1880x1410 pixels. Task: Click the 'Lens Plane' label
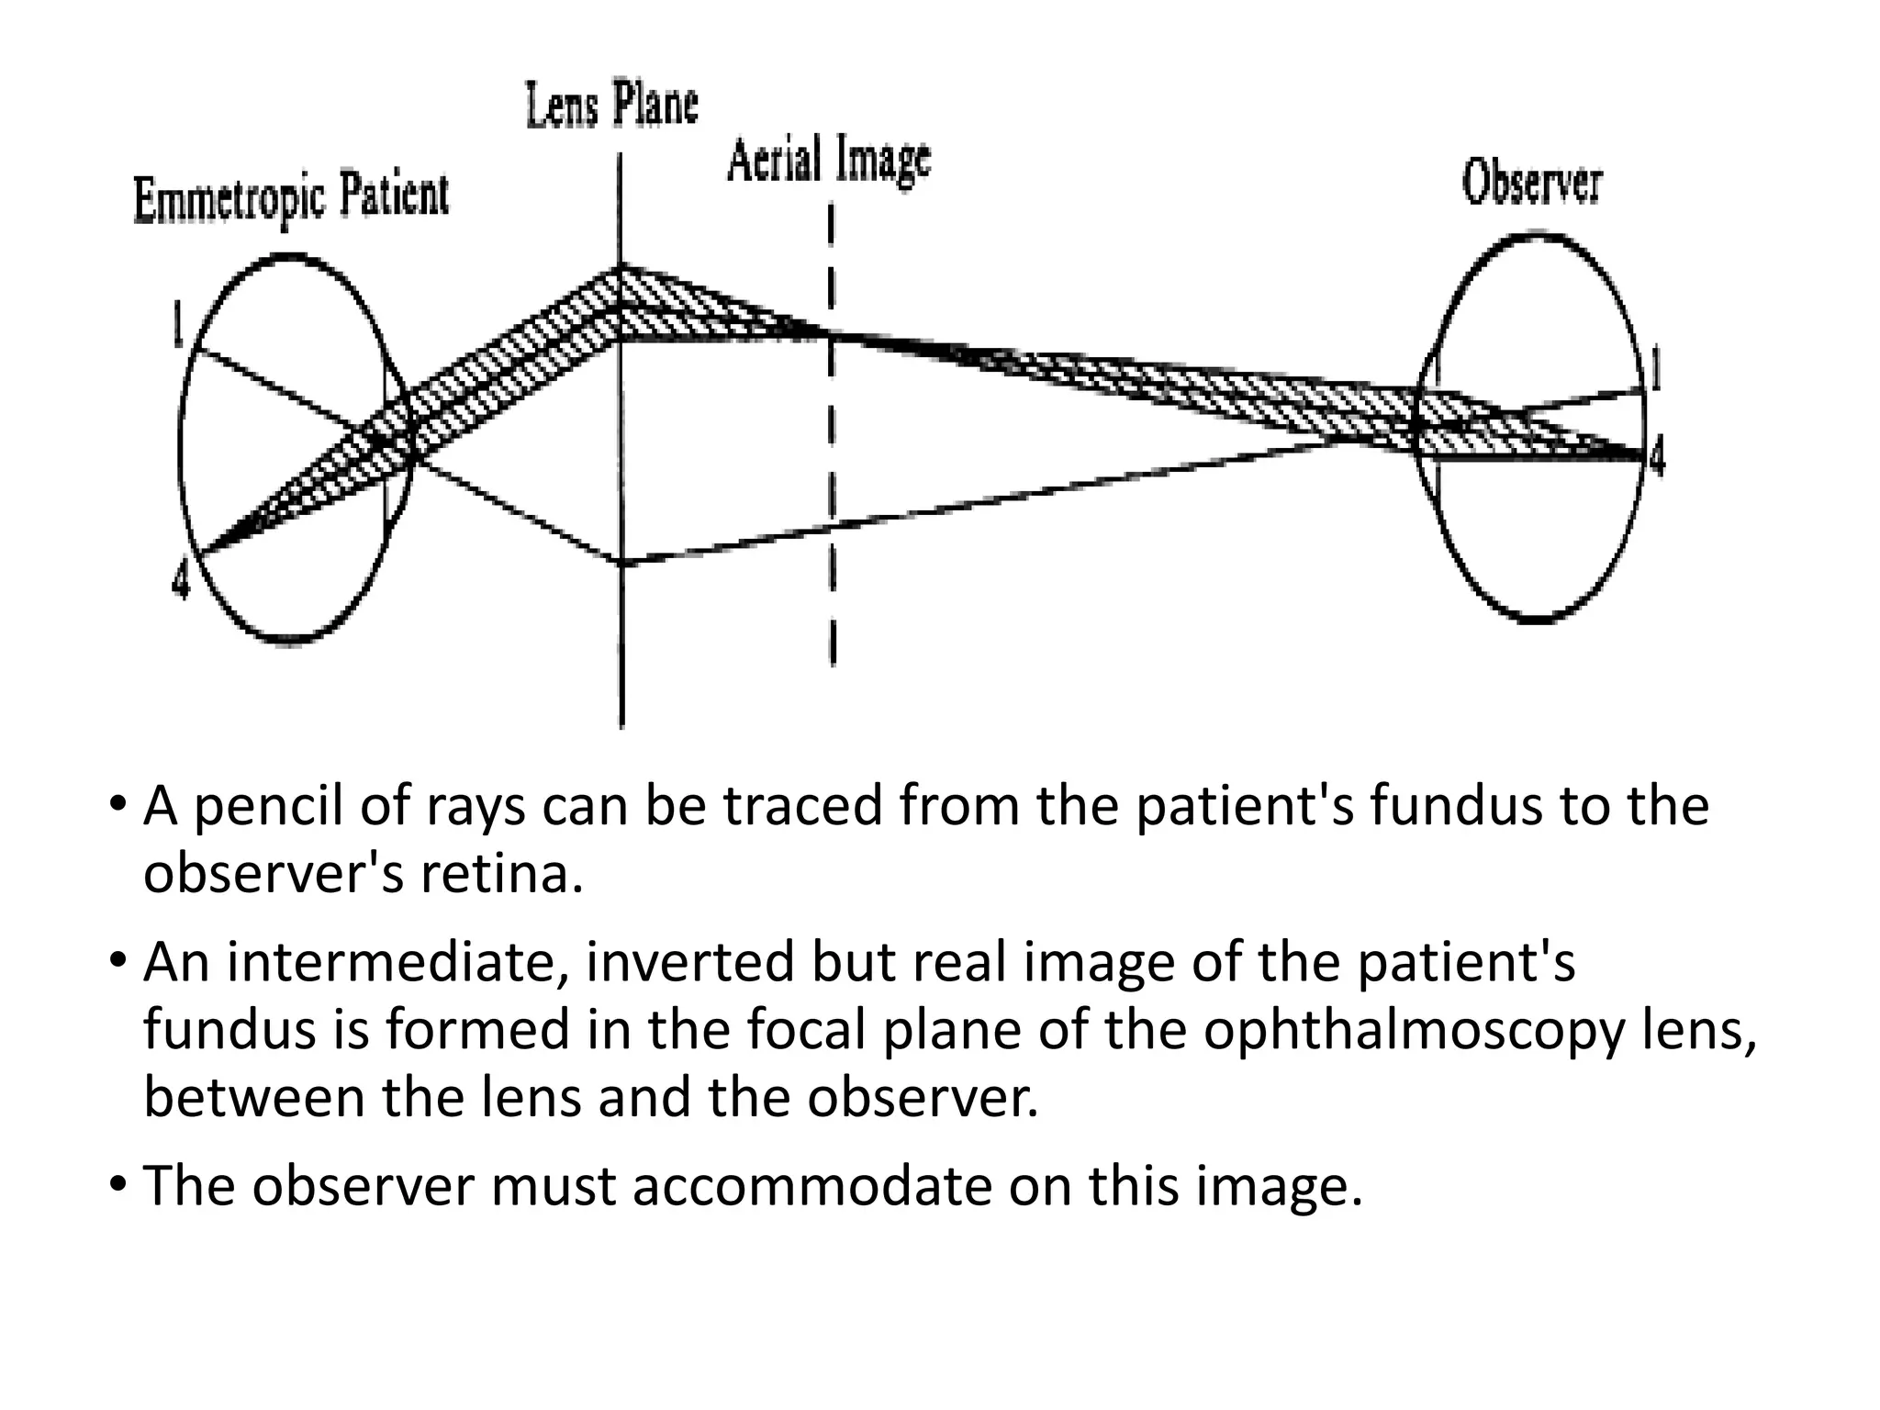coord(612,106)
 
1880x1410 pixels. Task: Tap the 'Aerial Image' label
coord(829,162)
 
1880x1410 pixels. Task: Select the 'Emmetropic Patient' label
coord(292,198)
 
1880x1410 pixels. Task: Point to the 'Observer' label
coord(1531,184)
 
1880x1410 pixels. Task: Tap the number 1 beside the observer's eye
coord(1655,371)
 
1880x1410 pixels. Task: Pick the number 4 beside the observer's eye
coord(1655,456)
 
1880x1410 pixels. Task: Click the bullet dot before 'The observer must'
coord(117,1185)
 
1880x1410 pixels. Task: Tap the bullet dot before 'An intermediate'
coord(117,961)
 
